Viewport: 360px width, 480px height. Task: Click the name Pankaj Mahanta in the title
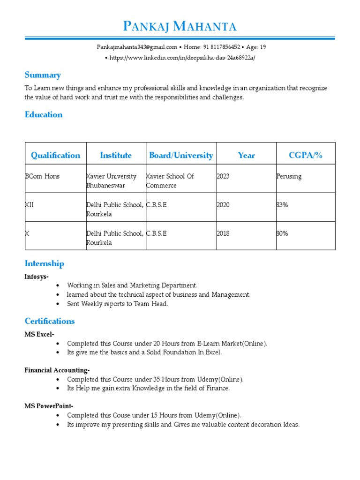(x=180, y=26)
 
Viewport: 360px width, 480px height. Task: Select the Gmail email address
(x=137, y=47)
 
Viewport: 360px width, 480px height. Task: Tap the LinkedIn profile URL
(x=183, y=58)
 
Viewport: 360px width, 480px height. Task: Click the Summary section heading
(x=43, y=75)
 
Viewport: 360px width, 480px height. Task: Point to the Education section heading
(x=44, y=114)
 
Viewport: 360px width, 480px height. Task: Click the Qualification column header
(x=55, y=155)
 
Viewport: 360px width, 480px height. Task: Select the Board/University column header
(x=181, y=155)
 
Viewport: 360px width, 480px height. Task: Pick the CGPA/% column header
(x=306, y=155)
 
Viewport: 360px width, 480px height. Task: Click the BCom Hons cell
(x=42, y=176)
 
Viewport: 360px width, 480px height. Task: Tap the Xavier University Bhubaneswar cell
(x=112, y=181)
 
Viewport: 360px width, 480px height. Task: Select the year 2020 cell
(x=223, y=205)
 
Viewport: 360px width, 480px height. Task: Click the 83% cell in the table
(x=283, y=205)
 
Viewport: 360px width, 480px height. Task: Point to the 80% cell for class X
(x=283, y=233)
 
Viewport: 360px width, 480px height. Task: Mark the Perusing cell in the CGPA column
(x=289, y=176)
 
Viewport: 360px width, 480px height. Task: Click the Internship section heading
(x=44, y=263)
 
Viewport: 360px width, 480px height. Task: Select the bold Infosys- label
(x=37, y=277)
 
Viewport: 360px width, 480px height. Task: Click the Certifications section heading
(x=50, y=321)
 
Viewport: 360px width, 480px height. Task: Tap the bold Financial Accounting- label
(x=57, y=370)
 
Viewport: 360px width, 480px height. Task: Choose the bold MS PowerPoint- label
(x=49, y=406)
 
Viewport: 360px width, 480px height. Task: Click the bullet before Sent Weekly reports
(x=58, y=304)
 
